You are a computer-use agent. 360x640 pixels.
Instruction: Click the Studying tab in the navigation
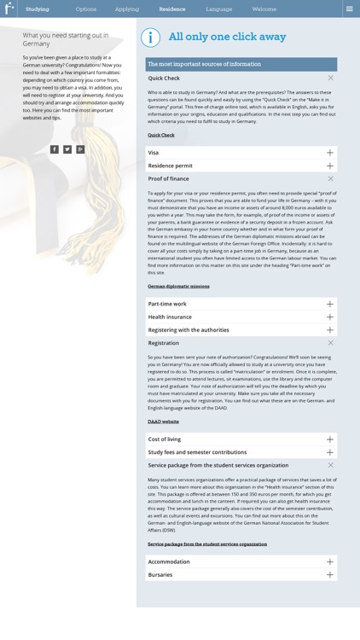coord(37,9)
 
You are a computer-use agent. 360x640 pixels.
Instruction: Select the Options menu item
coord(86,9)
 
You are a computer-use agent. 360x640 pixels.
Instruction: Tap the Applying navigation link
coord(127,9)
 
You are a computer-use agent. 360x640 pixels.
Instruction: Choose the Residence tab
coord(171,9)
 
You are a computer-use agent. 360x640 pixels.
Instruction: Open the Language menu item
coord(218,9)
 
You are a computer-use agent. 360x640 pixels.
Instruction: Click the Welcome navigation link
coord(264,9)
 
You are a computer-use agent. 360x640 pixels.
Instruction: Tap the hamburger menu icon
coord(349,9)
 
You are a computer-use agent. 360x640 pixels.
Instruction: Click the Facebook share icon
coord(55,149)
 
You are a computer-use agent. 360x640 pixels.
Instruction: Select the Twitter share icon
coord(67,149)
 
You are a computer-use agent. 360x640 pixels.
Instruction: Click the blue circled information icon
coord(150,38)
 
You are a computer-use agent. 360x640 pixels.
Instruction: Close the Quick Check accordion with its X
coord(331,79)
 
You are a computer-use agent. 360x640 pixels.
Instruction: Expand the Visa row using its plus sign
coord(330,153)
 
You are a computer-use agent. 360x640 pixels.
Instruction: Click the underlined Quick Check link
coord(160,135)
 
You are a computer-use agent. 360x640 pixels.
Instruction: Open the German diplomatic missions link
coord(178,287)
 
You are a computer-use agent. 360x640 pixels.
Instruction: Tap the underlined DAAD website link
coord(163,422)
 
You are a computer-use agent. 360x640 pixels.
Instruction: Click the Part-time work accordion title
coord(167,304)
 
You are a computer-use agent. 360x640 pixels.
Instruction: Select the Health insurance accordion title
coord(170,317)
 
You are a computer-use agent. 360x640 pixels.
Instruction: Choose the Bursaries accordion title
coord(160,575)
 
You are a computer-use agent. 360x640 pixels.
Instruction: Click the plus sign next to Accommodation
coord(330,562)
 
